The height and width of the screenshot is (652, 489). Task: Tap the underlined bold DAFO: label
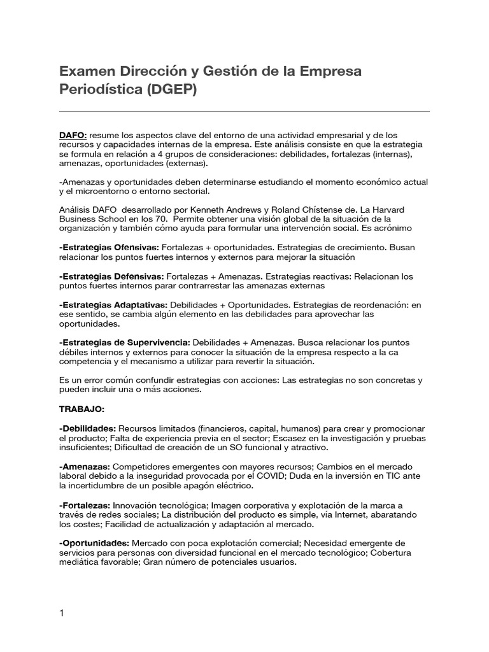[73, 135]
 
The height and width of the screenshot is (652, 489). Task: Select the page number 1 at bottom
[61, 595]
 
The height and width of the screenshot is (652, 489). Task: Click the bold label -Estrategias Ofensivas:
[109, 246]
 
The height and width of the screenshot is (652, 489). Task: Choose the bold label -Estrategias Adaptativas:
[113, 306]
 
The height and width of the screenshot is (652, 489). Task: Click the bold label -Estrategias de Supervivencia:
[124, 342]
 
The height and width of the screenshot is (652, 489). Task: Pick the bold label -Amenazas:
[84, 467]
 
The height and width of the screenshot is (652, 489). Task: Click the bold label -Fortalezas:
[85, 505]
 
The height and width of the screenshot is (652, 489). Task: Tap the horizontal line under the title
[244, 112]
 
